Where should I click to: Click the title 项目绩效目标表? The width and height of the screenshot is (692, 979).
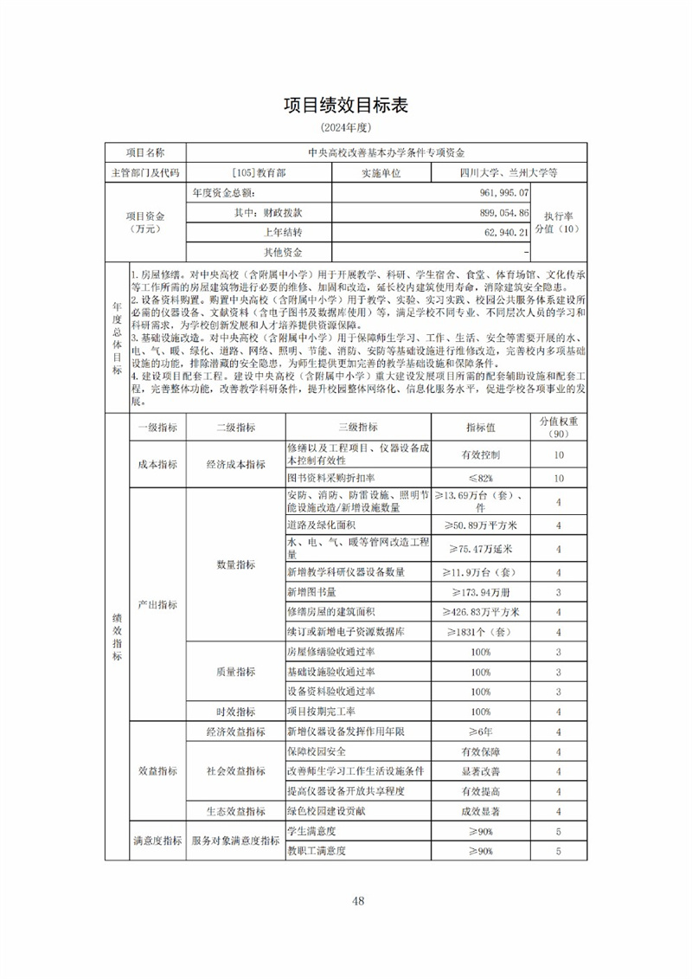[345, 106]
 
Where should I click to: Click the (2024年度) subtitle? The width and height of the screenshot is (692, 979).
[345, 128]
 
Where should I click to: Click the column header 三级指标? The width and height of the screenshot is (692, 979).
[357, 428]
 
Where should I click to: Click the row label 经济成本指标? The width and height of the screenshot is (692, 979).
[235, 465]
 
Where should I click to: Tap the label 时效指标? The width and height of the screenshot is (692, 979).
[235, 712]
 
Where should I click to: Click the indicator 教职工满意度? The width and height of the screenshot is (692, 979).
[317, 851]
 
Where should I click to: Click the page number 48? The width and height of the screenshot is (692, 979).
[359, 901]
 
